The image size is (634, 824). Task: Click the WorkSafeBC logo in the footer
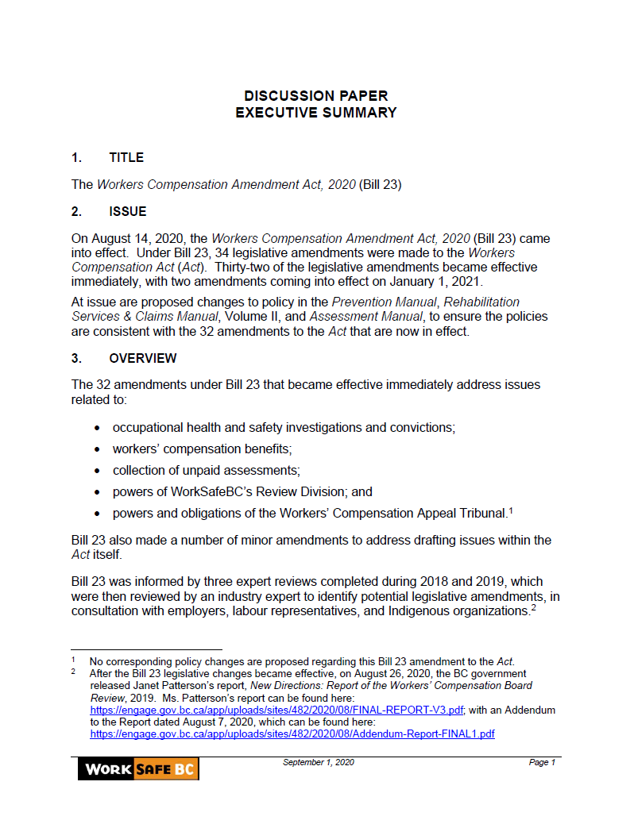click(x=137, y=768)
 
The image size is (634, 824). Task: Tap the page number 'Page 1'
click(x=542, y=763)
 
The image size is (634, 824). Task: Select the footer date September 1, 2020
click(x=319, y=763)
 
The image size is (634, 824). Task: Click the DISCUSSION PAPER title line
click(x=316, y=96)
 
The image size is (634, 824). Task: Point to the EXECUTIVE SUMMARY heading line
click(x=316, y=113)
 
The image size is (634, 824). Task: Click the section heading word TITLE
click(x=126, y=157)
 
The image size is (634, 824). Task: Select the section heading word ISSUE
click(x=128, y=211)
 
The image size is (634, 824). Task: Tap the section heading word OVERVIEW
click(x=143, y=358)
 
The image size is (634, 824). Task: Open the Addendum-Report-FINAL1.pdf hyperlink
click(x=292, y=734)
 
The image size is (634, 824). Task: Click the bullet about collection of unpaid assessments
click(x=206, y=470)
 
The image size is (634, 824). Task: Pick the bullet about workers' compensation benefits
click(x=202, y=449)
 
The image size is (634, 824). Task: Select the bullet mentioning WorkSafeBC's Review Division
click(x=242, y=491)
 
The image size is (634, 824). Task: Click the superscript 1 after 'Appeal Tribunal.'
click(x=511, y=510)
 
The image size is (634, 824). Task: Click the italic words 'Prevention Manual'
click(x=384, y=302)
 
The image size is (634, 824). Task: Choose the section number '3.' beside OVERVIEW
click(x=76, y=358)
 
